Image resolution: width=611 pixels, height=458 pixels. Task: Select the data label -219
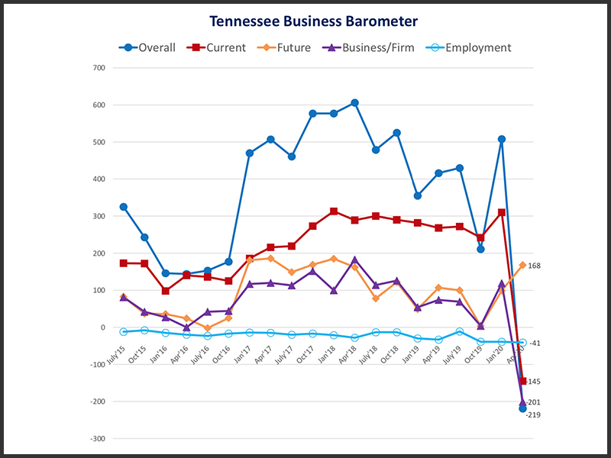(534, 414)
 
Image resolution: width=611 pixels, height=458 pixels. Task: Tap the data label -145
(533, 381)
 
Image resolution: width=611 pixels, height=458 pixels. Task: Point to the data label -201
(534, 402)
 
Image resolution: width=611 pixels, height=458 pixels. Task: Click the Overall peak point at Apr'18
(354, 103)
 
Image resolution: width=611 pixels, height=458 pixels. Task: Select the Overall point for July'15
(124, 207)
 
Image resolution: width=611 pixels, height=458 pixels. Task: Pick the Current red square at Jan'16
(166, 291)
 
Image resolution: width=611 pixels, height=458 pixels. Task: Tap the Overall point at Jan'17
(250, 153)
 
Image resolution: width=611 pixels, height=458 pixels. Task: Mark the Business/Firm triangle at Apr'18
(354, 260)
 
